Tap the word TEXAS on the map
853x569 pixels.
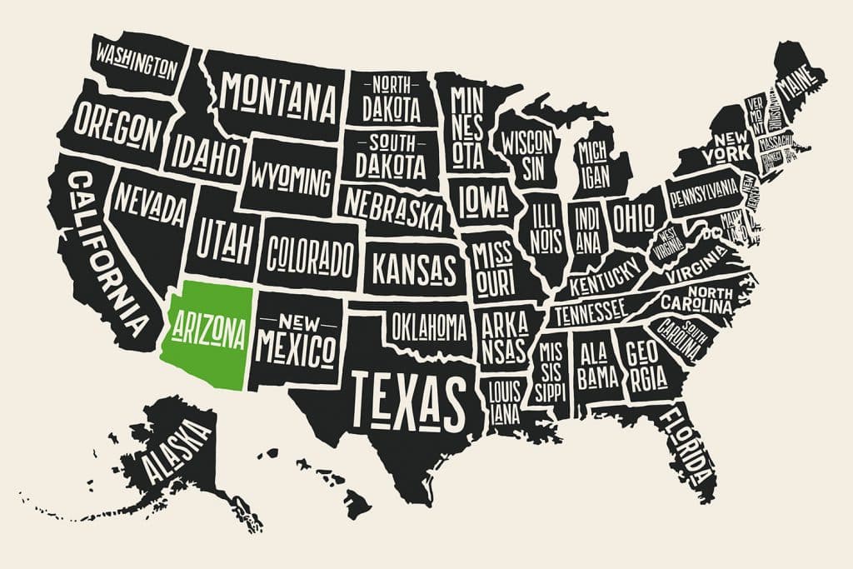click(407, 397)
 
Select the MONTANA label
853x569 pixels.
click(278, 98)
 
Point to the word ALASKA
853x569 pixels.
click(177, 450)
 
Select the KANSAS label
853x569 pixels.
click(414, 269)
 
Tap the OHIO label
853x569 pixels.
click(635, 218)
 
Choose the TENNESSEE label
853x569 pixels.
click(591, 312)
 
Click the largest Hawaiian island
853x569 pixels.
click(357, 502)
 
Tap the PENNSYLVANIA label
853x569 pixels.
click(704, 193)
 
